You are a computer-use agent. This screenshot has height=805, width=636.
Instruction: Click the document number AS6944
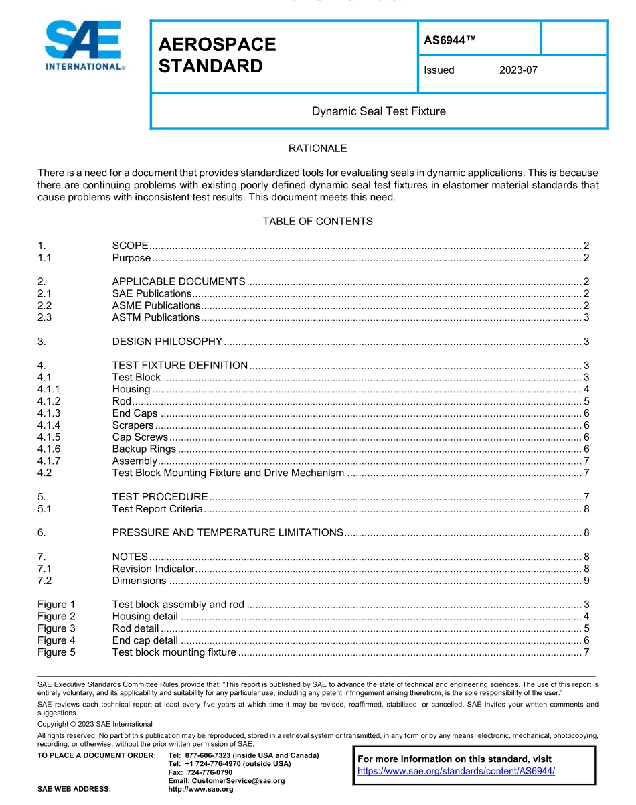[449, 40]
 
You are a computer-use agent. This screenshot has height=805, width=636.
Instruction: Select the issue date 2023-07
[518, 70]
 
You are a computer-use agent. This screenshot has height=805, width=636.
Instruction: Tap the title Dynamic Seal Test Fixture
[378, 111]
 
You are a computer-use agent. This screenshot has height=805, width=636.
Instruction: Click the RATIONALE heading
[317, 149]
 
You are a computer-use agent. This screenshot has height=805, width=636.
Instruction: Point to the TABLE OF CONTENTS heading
[317, 221]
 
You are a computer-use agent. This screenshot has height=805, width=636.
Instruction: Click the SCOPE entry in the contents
[130, 246]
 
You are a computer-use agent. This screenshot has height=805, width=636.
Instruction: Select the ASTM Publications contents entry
[155, 317]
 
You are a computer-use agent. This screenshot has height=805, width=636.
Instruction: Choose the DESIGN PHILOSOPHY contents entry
[167, 342]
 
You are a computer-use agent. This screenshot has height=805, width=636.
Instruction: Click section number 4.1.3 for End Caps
[48, 413]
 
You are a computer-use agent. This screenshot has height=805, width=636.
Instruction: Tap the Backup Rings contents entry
[144, 449]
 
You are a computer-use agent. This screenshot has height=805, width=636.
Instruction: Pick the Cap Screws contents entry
[140, 437]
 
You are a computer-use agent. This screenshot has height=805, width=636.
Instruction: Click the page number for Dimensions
[586, 581]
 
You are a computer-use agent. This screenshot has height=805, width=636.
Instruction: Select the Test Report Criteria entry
[157, 509]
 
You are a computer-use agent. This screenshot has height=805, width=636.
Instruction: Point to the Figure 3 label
[56, 628]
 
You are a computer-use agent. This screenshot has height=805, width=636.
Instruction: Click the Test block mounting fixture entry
[174, 652]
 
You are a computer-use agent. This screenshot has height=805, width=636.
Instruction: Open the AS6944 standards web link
[456, 771]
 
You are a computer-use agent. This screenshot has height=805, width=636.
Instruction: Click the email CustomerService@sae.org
[226, 781]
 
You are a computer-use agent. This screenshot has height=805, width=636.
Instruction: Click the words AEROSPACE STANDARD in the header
[217, 55]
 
